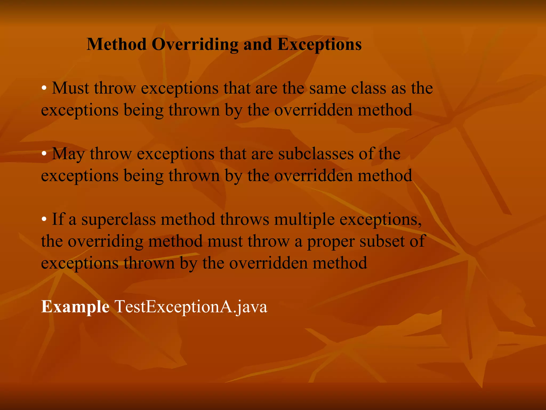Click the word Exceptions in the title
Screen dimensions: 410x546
coord(319,45)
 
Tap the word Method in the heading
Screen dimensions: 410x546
coord(117,44)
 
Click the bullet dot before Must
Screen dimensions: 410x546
coord(44,88)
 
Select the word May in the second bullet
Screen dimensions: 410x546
coord(68,154)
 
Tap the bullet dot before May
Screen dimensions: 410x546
coord(44,154)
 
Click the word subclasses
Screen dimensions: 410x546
coord(316,154)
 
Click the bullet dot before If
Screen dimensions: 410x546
coord(44,219)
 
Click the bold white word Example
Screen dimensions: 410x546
coord(75,307)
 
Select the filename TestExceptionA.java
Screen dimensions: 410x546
coord(191,307)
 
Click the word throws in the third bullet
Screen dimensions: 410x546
coord(244,219)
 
